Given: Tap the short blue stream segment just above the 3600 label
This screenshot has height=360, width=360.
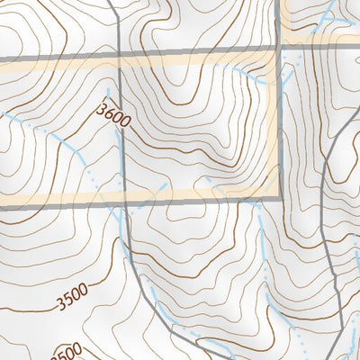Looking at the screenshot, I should click(109, 94).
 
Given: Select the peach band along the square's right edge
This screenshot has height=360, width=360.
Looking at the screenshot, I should click(273, 126).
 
